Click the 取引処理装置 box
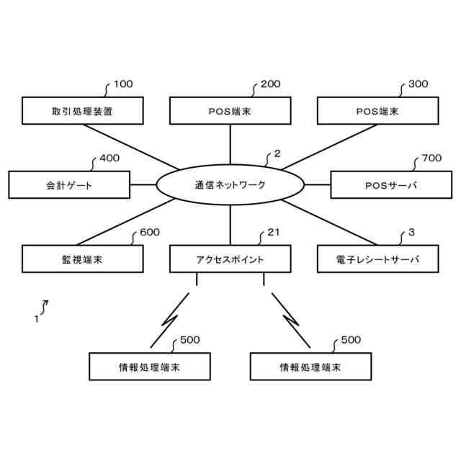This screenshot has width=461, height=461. click(82, 111)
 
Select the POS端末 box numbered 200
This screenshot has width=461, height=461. click(230, 111)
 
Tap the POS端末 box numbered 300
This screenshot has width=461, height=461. click(377, 111)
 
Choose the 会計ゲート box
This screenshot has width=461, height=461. click(69, 184)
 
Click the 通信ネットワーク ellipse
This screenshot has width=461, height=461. click(230, 184)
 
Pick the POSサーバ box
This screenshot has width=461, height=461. click(391, 184)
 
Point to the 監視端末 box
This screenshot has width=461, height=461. click(82, 259)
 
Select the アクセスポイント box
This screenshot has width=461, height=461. click(230, 259)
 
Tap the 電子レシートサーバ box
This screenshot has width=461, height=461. click(377, 259)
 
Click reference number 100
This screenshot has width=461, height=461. click(123, 84)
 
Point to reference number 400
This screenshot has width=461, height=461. click(109, 158)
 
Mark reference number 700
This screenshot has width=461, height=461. click(431, 158)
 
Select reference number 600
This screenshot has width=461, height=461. click(150, 232)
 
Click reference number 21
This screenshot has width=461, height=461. click(273, 232)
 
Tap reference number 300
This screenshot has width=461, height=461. click(418, 84)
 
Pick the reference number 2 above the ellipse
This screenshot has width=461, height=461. click(277, 153)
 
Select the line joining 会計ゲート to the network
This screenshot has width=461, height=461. click(143, 184)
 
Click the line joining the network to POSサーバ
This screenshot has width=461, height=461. click(317, 184)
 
